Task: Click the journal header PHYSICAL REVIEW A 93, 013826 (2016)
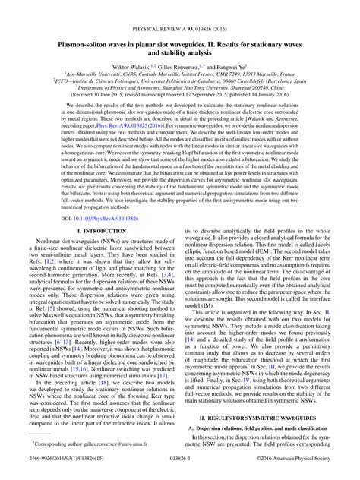180,8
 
